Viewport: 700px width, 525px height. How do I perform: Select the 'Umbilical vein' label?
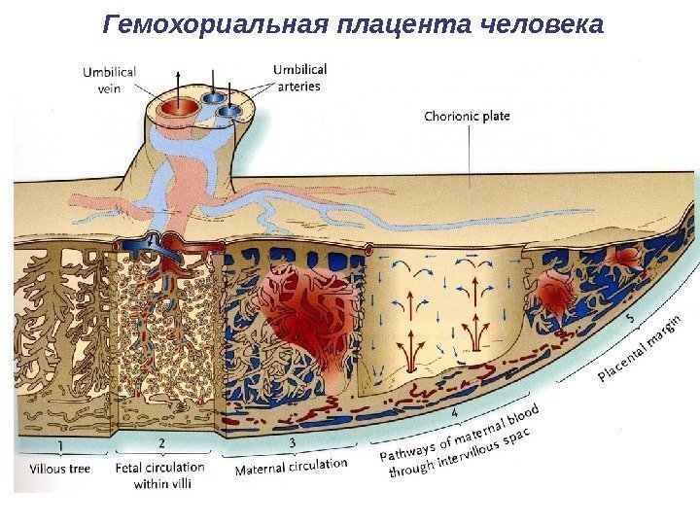click(109, 78)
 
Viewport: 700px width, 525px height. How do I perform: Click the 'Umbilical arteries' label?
click(300, 78)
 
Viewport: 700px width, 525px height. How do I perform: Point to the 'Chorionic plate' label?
click(467, 117)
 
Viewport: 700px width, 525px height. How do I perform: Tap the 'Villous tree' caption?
click(59, 469)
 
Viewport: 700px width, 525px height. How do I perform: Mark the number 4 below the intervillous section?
click(455, 413)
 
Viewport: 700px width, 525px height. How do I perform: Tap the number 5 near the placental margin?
click(631, 318)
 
